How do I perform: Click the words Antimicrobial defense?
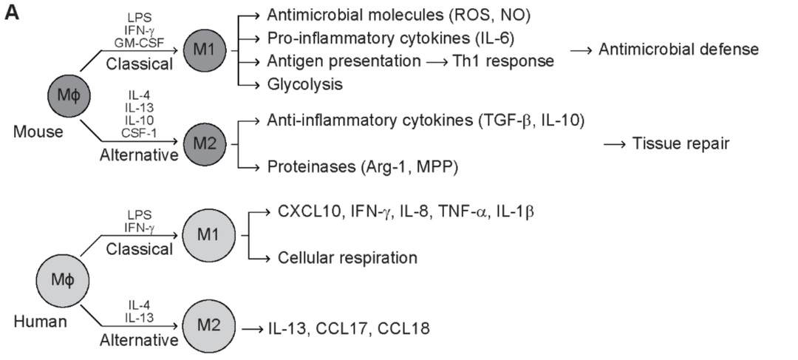point(679,50)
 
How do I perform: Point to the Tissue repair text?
point(681,143)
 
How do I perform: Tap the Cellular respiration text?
point(347,258)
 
